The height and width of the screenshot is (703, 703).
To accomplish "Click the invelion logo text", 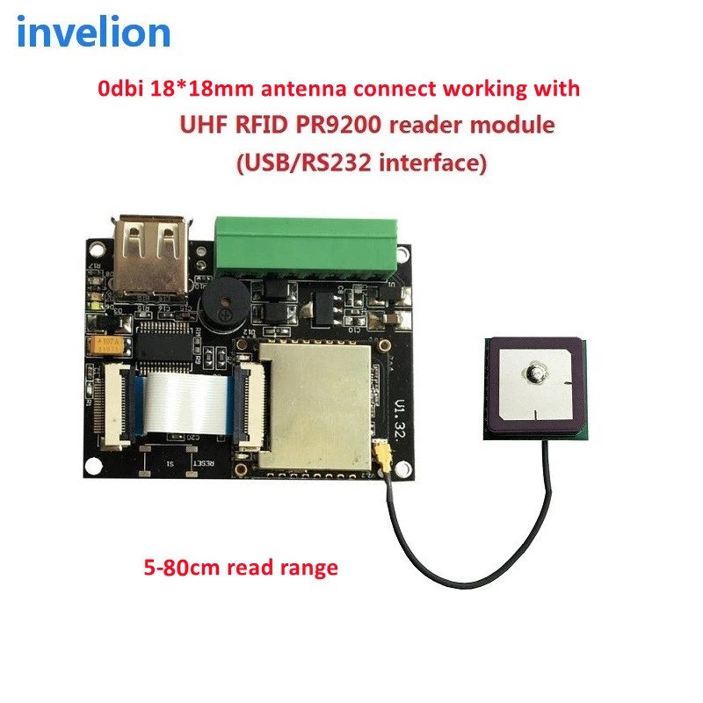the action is coord(93,33).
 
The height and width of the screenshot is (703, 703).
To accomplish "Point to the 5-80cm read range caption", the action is coord(240,568).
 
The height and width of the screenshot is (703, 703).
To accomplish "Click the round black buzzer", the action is coord(223,307).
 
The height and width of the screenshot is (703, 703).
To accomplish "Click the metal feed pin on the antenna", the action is coord(534,373).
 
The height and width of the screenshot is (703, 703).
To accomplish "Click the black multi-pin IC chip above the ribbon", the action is coord(163,343).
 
